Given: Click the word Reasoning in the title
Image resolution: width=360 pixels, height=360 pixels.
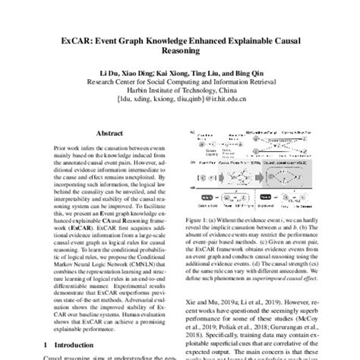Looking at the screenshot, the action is pyautogui.click(x=179, y=52).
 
